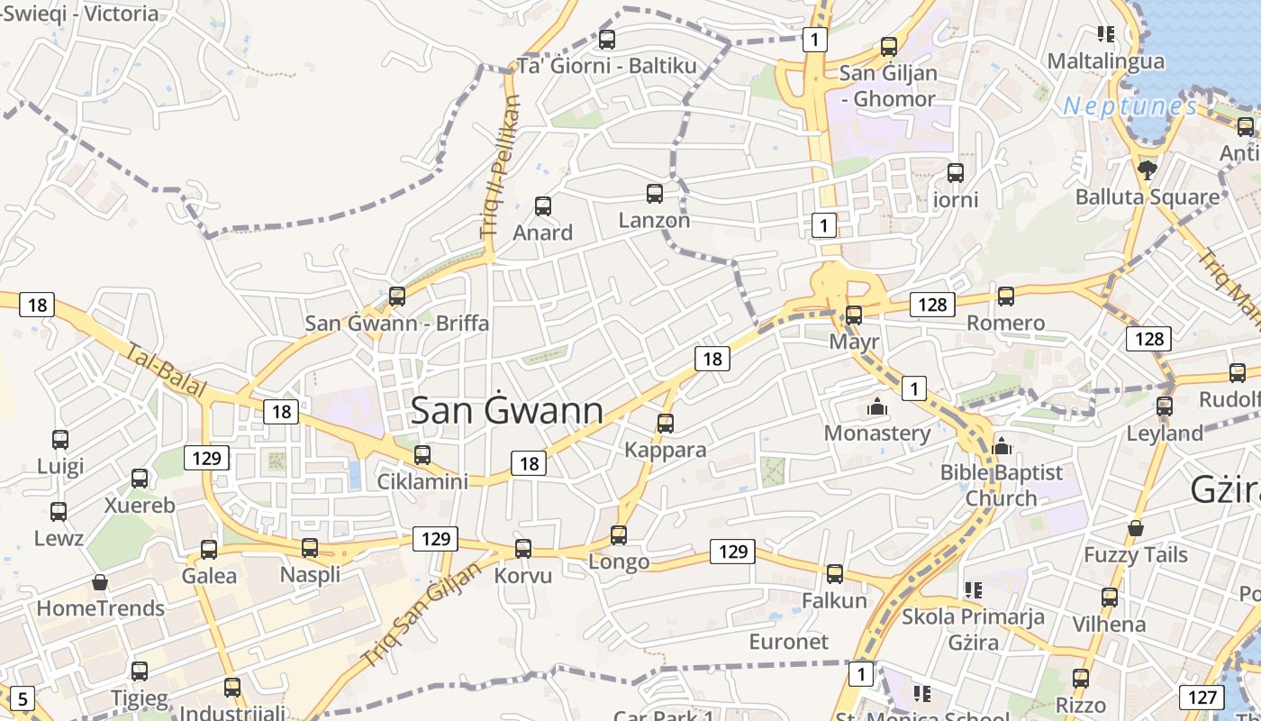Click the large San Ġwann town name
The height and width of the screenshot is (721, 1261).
pyautogui.click(x=506, y=411)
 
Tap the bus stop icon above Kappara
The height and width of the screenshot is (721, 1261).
pyautogui.click(x=666, y=423)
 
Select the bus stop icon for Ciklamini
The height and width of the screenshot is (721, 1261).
pyautogui.click(x=422, y=455)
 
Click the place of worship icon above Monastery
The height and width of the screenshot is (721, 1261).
pyautogui.click(x=876, y=406)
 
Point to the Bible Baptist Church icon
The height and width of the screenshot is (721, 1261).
pyautogui.click(x=1002, y=445)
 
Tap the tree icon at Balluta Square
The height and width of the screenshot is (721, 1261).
pyautogui.click(x=1147, y=169)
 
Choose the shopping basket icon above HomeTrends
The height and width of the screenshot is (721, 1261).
pyautogui.click(x=100, y=582)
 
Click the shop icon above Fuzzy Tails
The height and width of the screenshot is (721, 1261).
pyautogui.click(x=1136, y=528)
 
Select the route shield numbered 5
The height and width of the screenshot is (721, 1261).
pyautogui.click(x=23, y=698)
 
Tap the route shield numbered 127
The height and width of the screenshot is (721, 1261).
pyautogui.click(x=1202, y=697)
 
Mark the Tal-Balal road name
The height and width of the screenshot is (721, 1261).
pyautogui.click(x=167, y=371)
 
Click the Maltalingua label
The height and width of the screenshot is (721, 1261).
pyautogui.click(x=1105, y=61)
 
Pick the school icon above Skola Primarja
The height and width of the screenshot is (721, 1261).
pyautogui.click(x=973, y=590)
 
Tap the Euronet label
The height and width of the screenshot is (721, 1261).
pyautogui.click(x=788, y=642)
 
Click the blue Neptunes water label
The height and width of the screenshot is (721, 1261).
pyautogui.click(x=1130, y=106)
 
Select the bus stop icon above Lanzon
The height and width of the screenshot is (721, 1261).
pyautogui.click(x=655, y=194)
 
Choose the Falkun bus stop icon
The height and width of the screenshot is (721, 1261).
pyautogui.click(x=835, y=574)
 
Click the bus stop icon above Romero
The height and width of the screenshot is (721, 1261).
pyautogui.click(x=1006, y=296)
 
